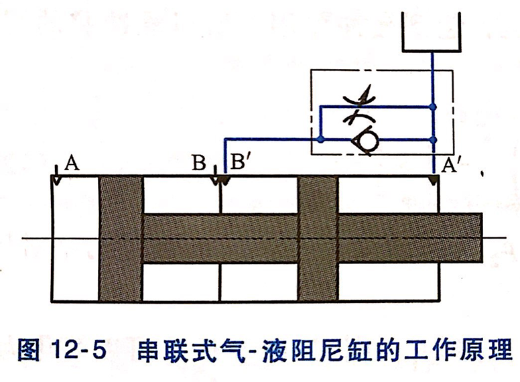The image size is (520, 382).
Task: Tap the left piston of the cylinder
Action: pos(121,238)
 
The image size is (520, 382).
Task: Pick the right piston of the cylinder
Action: pos(318,238)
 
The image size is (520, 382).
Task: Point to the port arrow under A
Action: pos(57,180)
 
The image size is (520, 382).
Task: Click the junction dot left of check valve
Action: pos(322,139)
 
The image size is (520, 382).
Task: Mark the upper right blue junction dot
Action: pos(433,106)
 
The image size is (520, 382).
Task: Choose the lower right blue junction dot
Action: pos(433,139)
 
